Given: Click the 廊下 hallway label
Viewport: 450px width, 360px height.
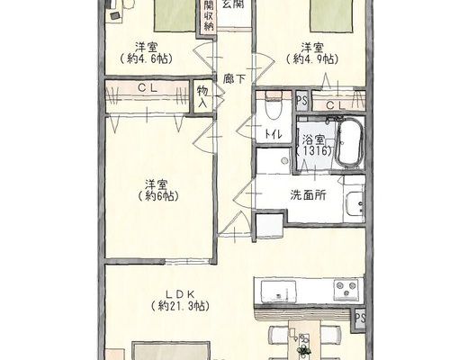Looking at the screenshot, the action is [234, 79].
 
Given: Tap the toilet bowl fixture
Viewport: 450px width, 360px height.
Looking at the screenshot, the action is [273, 107].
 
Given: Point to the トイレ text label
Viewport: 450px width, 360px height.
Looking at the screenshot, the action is [274, 135].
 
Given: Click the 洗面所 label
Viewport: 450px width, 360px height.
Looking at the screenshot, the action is [308, 195].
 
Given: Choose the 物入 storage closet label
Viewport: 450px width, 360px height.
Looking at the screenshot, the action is [202, 96].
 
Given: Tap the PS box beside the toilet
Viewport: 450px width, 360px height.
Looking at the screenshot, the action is [302, 101].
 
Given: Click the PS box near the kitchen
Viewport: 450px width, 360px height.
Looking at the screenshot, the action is [360, 319].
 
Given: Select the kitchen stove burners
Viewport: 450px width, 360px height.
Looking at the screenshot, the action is [346, 289].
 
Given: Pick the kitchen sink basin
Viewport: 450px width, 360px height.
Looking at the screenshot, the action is [278, 291].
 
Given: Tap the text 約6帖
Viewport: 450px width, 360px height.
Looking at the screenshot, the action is [158, 196].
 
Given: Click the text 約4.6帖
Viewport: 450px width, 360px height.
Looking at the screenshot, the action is [146, 58].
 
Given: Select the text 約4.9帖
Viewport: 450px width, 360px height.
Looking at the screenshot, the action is [312, 58].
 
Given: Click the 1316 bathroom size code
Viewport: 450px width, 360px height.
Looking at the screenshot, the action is [314, 151].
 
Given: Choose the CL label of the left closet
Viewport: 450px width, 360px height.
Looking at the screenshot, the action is [148, 88].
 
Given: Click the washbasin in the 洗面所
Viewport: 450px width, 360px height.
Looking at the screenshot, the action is [355, 204].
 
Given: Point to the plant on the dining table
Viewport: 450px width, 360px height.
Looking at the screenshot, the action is [304, 349].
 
